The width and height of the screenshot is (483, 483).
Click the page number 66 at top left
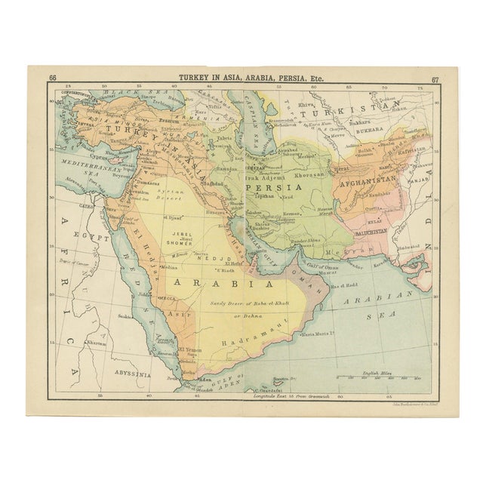(x=52, y=78)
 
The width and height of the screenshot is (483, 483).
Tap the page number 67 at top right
(x=435, y=78)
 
